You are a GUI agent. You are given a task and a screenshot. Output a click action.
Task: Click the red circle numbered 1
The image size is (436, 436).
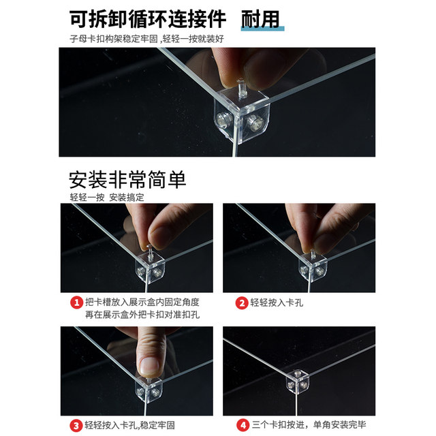pos(76,302)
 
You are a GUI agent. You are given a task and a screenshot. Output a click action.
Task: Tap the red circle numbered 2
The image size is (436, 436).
pos(242,302)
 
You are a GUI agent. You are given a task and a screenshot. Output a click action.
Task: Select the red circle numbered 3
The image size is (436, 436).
pos(76,425)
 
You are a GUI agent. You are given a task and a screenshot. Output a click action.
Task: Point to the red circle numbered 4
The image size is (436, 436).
pos(243,425)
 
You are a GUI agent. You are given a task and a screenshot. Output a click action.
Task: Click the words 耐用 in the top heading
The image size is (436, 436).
pos(260,19)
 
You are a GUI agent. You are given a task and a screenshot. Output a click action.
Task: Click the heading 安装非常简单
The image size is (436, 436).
pos(127,180)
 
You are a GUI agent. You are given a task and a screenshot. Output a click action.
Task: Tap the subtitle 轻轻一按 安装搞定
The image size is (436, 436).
pos(107,198)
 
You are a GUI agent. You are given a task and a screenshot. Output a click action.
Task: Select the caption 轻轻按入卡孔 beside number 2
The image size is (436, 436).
pos(277,302)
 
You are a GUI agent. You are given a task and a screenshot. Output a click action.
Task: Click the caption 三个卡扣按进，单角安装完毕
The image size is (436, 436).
pos(309,425)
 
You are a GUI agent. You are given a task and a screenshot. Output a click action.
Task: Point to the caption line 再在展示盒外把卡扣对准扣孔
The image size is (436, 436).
pos(142,315)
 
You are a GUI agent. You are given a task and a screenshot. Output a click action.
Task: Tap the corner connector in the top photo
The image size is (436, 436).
pos(241,115)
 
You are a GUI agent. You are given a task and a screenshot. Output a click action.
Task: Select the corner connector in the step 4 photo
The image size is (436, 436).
pos(297,381)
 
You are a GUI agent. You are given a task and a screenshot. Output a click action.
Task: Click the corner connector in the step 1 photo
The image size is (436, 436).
pos(150,268)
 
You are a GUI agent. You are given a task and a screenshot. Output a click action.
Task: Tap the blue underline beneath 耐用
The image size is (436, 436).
pos(262,29)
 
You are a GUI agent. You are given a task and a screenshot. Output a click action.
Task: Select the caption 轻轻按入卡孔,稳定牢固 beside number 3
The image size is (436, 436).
pos(130,425)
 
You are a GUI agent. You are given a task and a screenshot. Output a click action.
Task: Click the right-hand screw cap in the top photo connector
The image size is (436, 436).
pos(256,123)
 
